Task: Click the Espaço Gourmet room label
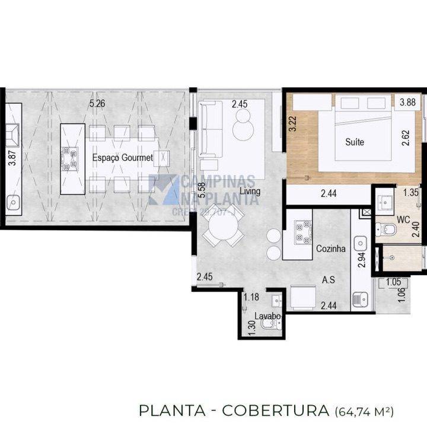(x=122, y=158)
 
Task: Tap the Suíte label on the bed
(x=355, y=142)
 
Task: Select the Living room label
(x=250, y=191)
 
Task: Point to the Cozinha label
(x=330, y=250)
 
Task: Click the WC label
(x=403, y=219)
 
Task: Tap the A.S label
(x=328, y=279)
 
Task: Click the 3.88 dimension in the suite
(x=407, y=103)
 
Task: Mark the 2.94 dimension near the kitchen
(x=362, y=261)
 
